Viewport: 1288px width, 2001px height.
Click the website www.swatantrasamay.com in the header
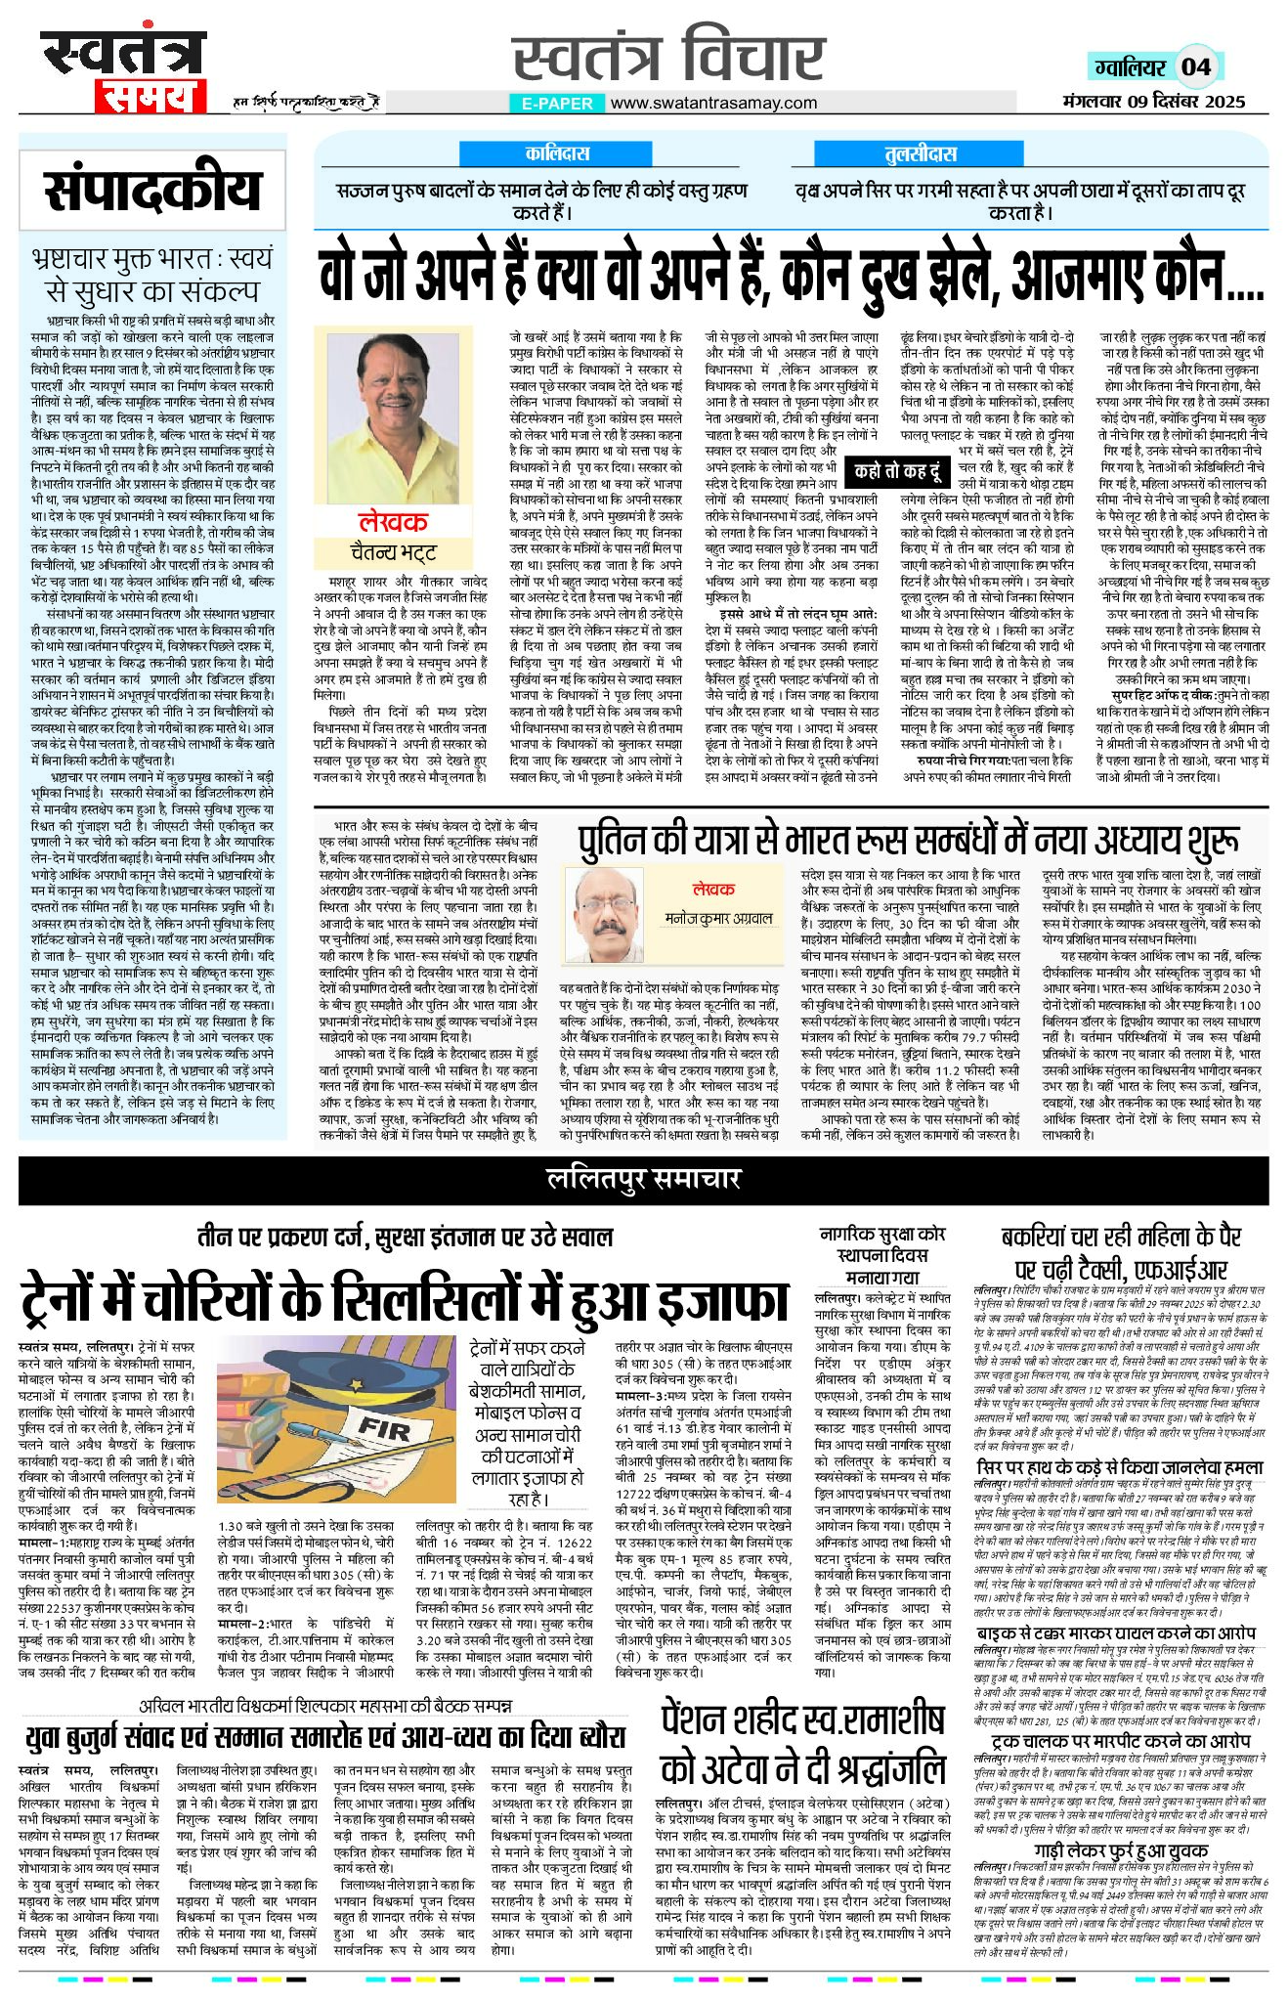point(713,103)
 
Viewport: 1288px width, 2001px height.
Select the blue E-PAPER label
point(557,103)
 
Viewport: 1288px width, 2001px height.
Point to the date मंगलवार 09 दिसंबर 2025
point(1154,101)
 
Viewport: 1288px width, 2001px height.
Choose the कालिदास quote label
point(557,153)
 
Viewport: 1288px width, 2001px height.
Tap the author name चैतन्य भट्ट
point(393,552)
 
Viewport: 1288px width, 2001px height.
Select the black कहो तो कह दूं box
point(896,471)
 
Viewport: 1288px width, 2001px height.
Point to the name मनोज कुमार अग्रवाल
point(717,919)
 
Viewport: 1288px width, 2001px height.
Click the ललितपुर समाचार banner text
point(643,1179)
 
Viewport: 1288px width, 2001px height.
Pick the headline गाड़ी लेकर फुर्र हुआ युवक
point(1121,1851)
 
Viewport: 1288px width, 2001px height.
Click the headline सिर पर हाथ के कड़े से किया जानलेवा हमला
point(1120,1468)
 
